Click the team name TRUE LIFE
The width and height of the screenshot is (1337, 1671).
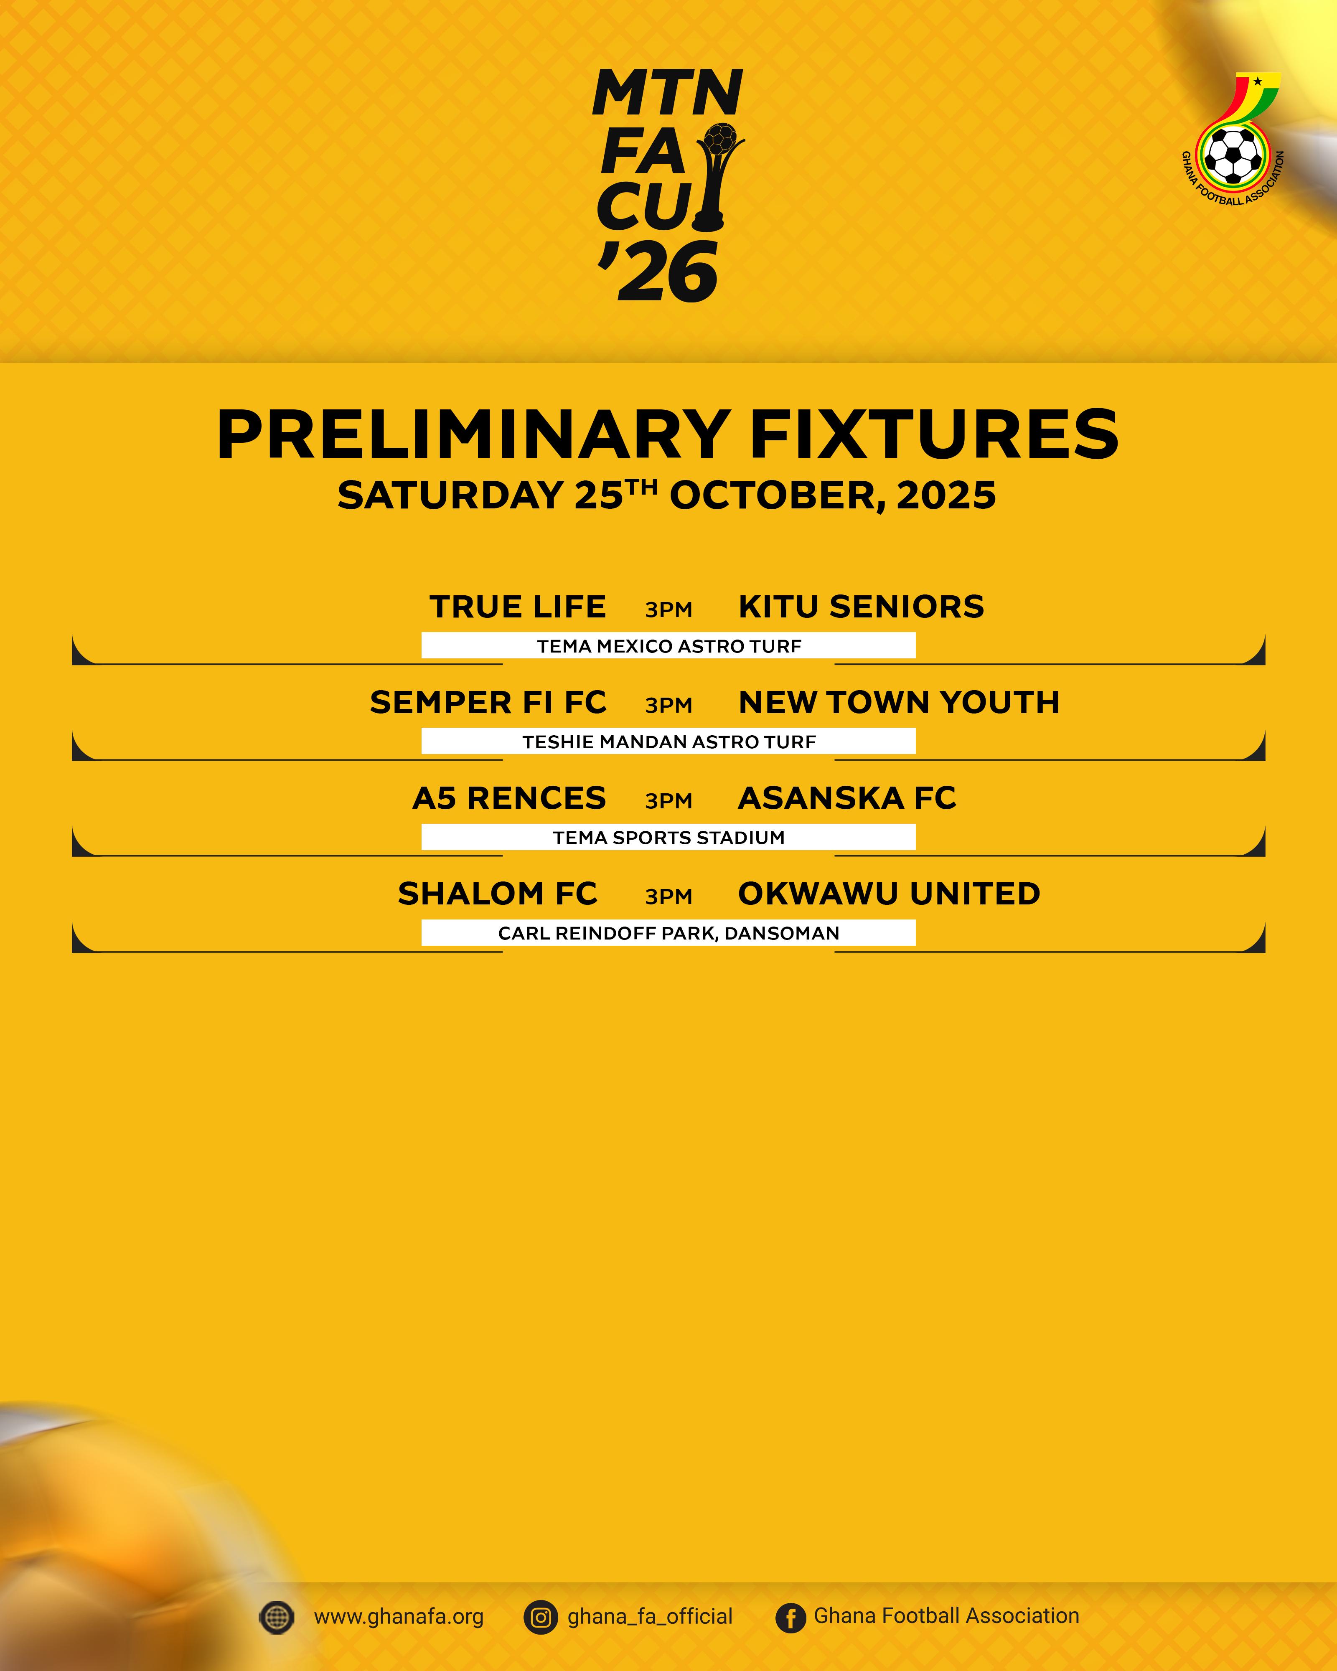pyautogui.click(x=518, y=607)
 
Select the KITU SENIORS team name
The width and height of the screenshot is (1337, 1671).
pyautogui.click(x=861, y=607)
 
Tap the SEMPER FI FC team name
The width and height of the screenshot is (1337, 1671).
pyautogui.click(x=488, y=702)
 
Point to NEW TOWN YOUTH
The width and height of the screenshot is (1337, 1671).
pyautogui.click(x=899, y=702)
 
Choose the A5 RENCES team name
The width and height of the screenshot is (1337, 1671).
pyautogui.click(x=509, y=798)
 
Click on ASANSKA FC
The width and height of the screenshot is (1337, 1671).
pyautogui.click(x=847, y=798)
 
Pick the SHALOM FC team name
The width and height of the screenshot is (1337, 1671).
pyautogui.click(x=498, y=894)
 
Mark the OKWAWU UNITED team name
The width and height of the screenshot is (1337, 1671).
pyautogui.click(x=889, y=894)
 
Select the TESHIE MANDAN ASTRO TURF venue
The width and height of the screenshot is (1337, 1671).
pyautogui.click(x=669, y=742)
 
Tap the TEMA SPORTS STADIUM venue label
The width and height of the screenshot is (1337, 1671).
pyautogui.click(x=669, y=837)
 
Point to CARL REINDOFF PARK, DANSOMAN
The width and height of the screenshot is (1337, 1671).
pyautogui.click(x=669, y=933)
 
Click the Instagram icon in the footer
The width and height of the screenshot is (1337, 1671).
pyautogui.click(x=541, y=1618)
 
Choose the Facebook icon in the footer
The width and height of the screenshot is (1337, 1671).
pyautogui.click(x=791, y=1618)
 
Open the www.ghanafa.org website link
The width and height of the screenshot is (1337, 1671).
pyautogui.click(x=399, y=1617)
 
